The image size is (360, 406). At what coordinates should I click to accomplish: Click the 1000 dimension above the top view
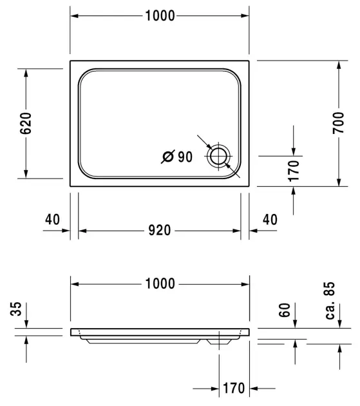pyautogui.click(x=159, y=16)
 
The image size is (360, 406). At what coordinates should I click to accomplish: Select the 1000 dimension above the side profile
pyautogui.click(x=159, y=283)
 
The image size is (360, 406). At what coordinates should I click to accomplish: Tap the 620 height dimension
pyautogui.click(x=26, y=122)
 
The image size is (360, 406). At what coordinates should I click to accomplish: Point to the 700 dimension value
pyautogui.click(x=337, y=122)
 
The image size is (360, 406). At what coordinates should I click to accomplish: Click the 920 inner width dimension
pyautogui.click(x=159, y=230)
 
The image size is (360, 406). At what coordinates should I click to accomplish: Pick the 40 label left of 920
pyautogui.click(x=53, y=220)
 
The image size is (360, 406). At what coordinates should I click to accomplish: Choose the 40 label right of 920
pyautogui.click(x=269, y=220)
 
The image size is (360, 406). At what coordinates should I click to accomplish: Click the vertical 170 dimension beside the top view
pyautogui.click(x=294, y=171)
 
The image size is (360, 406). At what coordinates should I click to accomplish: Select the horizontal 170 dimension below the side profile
pyautogui.click(x=233, y=388)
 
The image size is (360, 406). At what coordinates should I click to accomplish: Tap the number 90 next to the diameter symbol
pyautogui.click(x=185, y=157)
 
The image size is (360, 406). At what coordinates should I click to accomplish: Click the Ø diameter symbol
pyautogui.click(x=167, y=157)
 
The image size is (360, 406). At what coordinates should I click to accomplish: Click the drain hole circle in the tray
pyautogui.click(x=219, y=156)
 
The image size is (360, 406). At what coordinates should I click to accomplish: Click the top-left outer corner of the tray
pyautogui.click(x=70, y=62)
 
